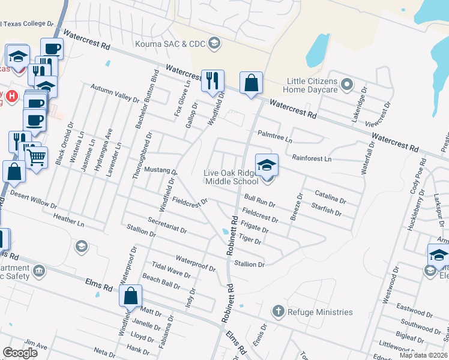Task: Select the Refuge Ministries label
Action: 320,312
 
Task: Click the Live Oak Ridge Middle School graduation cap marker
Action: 267,164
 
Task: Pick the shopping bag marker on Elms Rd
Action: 130,296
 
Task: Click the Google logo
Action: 20,353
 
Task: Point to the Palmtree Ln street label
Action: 274,137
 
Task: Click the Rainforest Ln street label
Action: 312,159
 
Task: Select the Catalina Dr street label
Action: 330,196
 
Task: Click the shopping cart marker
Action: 37,158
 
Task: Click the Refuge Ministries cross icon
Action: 277,311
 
